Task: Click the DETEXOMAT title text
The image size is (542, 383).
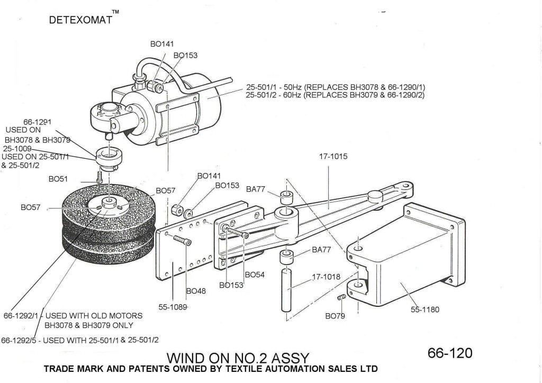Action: [x=80, y=21]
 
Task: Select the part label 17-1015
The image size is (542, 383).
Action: [x=333, y=157]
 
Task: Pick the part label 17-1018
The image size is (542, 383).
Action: [x=326, y=277]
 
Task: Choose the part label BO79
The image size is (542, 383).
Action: [x=335, y=316]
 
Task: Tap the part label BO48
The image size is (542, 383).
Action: [x=196, y=291]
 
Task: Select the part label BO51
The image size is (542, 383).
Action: [x=58, y=179]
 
